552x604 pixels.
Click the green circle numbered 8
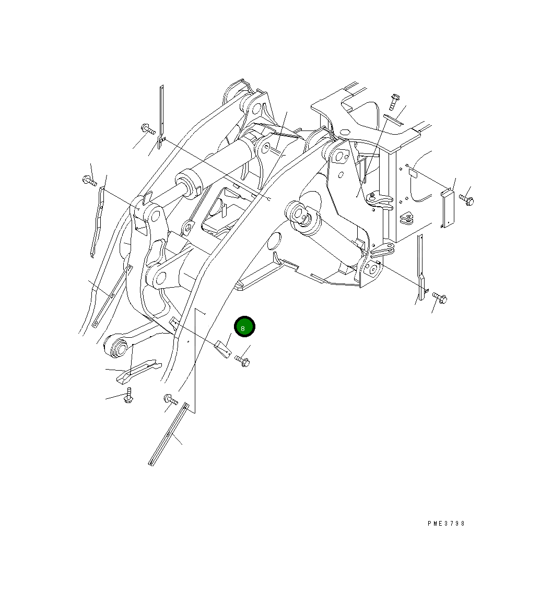point(244,327)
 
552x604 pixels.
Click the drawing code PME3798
point(445,523)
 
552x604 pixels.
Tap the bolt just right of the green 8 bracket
point(243,360)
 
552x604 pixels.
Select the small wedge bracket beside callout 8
point(223,348)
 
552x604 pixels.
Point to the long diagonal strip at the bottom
point(168,434)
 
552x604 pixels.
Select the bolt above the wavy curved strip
point(89,181)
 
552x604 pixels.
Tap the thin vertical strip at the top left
point(161,117)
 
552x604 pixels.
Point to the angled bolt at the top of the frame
point(394,101)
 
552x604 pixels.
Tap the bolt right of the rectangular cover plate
point(466,199)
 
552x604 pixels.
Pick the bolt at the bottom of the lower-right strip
point(440,298)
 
